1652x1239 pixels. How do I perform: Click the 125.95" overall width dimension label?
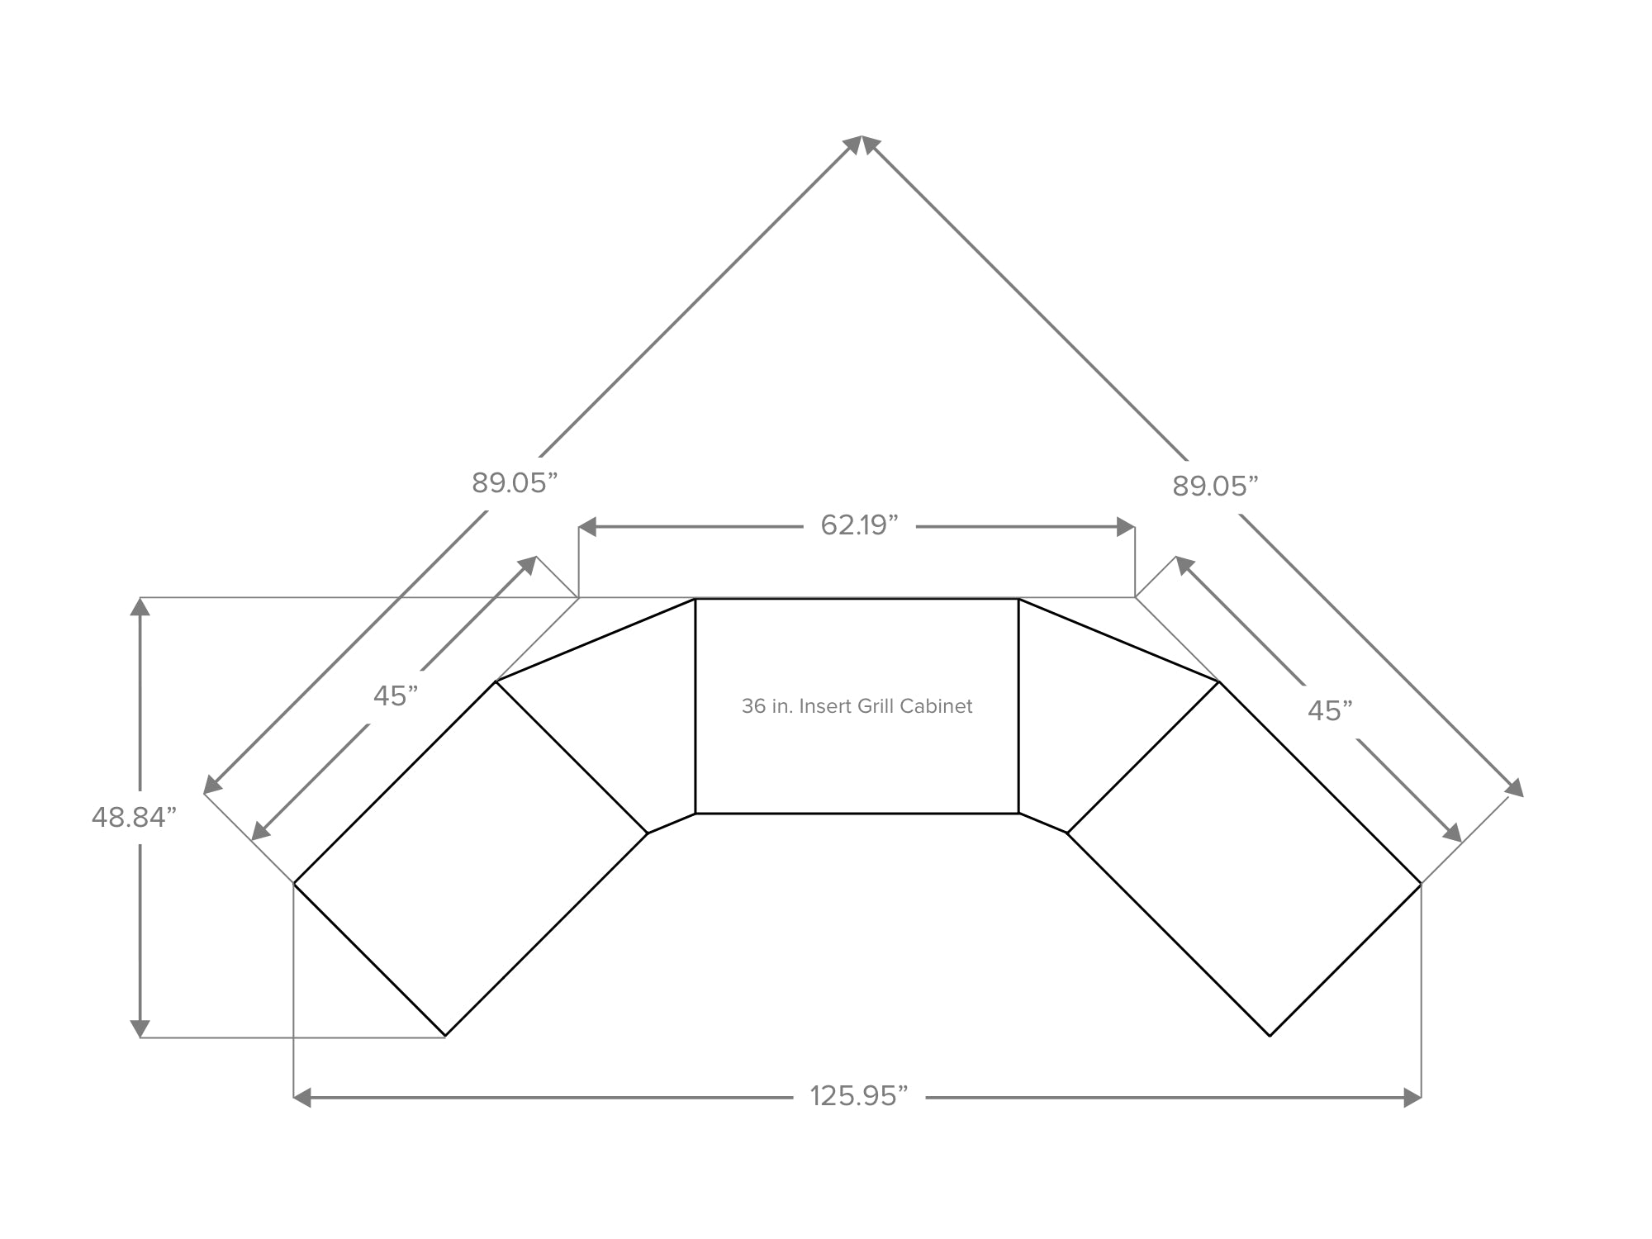point(858,1096)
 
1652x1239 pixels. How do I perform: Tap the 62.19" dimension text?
point(859,525)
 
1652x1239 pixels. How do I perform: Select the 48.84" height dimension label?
point(134,817)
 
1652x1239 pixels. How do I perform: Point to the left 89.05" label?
point(515,483)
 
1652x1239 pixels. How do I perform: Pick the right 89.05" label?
point(1215,487)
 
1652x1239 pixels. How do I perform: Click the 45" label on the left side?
point(396,696)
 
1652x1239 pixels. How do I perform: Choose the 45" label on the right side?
point(1330,711)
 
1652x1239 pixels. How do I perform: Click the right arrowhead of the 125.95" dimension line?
point(1412,1098)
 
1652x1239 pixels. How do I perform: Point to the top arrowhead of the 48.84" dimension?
point(140,606)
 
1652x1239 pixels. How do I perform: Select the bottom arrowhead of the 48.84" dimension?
point(140,1028)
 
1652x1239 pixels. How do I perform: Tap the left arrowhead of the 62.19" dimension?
point(587,527)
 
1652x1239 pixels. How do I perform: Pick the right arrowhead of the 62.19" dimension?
point(1126,527)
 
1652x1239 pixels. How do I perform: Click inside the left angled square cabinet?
point(471,859)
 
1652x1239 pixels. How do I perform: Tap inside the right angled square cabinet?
point(1245,859)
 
